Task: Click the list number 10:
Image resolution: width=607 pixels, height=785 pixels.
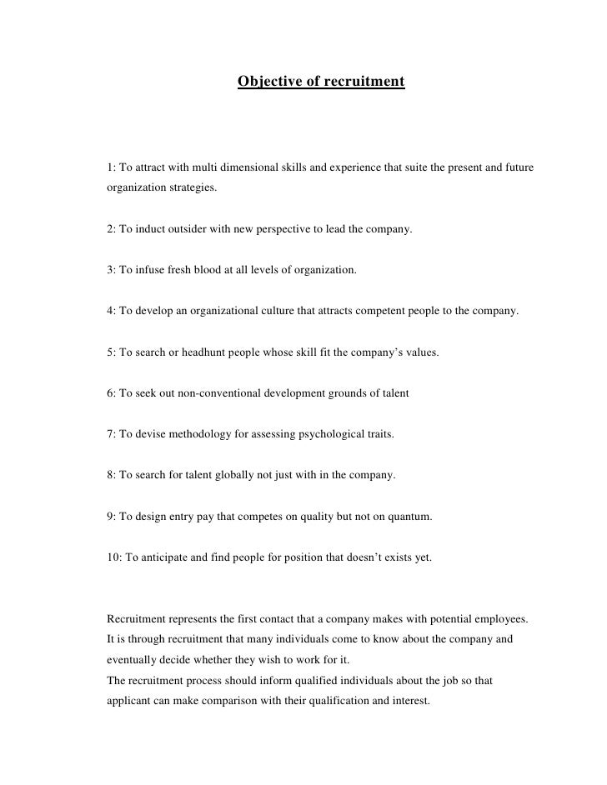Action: [116, 557]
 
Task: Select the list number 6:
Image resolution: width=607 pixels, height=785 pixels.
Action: [113, 393]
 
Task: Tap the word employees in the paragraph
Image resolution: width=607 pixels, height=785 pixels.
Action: [499, 619]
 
